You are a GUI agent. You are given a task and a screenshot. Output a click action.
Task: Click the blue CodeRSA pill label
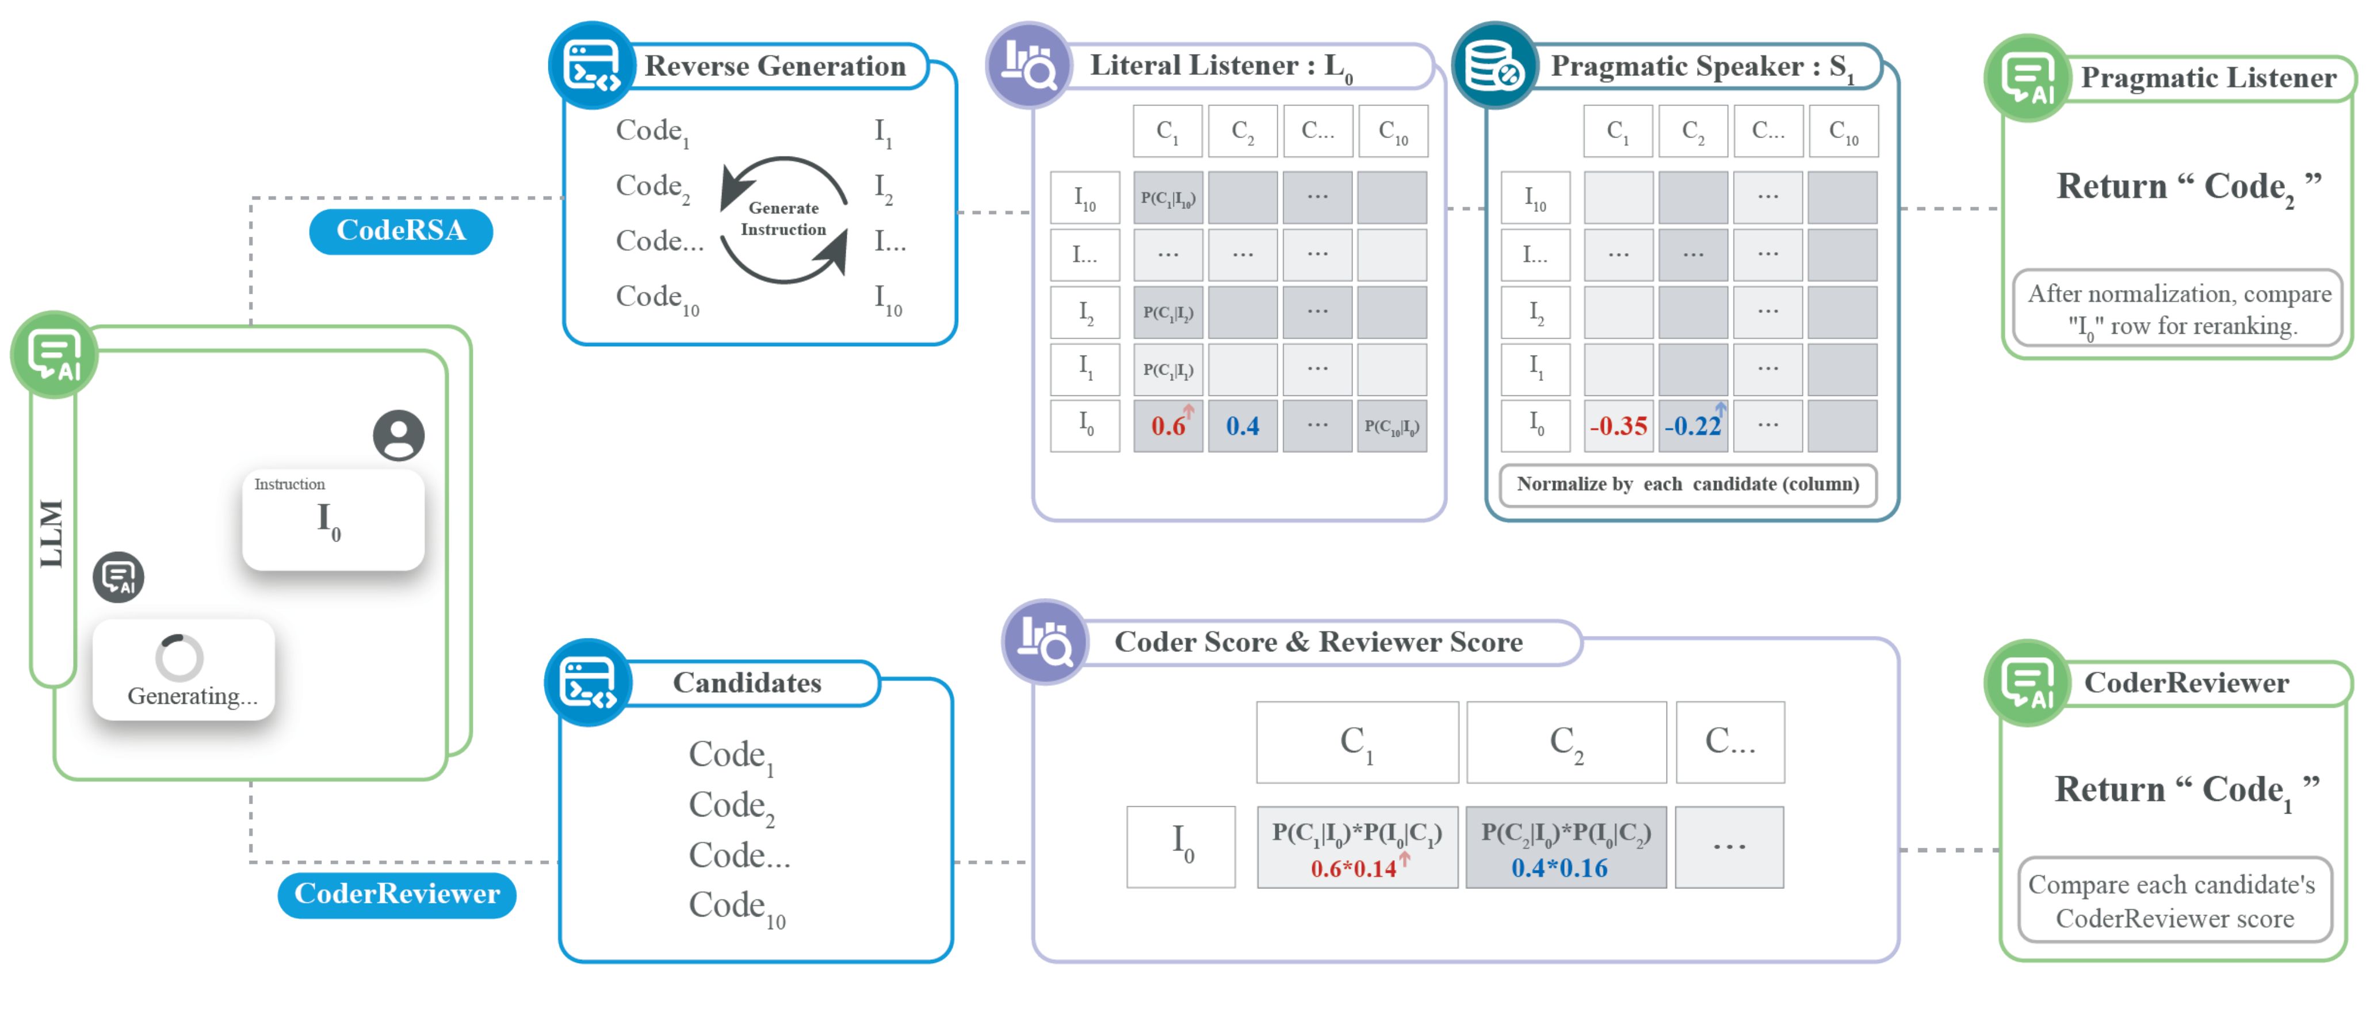[400, 231]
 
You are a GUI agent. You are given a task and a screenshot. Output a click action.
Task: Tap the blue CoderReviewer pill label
[397, 894]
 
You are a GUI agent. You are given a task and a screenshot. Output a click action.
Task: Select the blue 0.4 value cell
[1242, 425]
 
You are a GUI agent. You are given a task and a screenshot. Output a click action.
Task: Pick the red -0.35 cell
[1618, 425]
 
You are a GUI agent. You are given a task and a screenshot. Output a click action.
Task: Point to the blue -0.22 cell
[1693, 425]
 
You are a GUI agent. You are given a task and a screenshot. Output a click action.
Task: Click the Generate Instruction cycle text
[783, 219]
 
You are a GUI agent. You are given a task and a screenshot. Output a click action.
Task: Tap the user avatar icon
[399, 434]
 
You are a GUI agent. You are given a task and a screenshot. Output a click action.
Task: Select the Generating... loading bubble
[184, 669]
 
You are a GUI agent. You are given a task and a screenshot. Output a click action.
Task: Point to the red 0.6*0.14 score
[1354, 868]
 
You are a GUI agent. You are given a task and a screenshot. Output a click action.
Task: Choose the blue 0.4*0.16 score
[1560, 868]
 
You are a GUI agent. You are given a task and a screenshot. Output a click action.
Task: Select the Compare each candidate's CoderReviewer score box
[2174, 900]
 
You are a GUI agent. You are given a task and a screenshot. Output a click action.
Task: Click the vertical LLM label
[51, 533]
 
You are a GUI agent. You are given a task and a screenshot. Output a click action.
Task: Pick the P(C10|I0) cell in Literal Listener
[1392, 425]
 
